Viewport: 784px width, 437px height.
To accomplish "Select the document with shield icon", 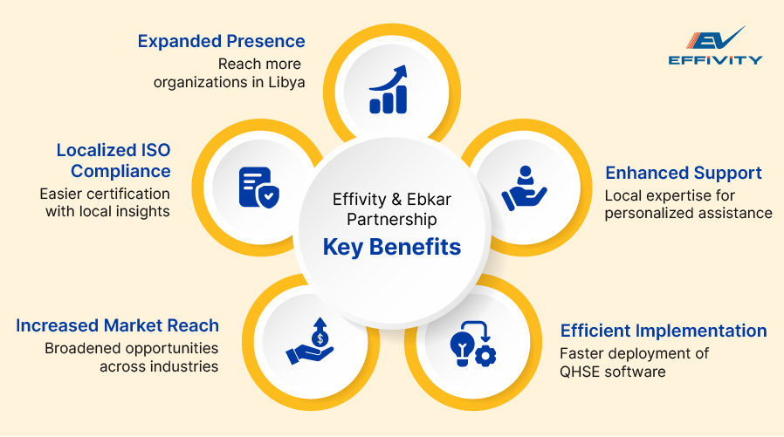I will click(x=258, y=185).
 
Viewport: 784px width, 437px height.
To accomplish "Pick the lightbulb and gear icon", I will click(x=472, y=344).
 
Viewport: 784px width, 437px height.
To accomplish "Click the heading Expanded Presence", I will click(x=222, y=41).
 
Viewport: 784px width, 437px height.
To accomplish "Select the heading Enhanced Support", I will click(x=684, y=173).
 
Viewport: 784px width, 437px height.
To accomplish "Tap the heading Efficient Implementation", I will click(x=664, y=331).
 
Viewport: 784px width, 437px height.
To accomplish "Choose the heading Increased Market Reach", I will click(x=117, y=326).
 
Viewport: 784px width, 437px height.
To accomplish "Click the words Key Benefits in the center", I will click(x=391, y=247).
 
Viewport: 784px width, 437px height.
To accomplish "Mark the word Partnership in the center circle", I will click(x=391, y=220).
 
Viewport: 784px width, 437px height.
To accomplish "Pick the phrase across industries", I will click(x=159, y=366).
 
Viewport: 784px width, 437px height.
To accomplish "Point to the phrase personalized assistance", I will click(x=689, y=212).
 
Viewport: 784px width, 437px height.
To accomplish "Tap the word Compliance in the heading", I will click(x=120, y=170).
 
